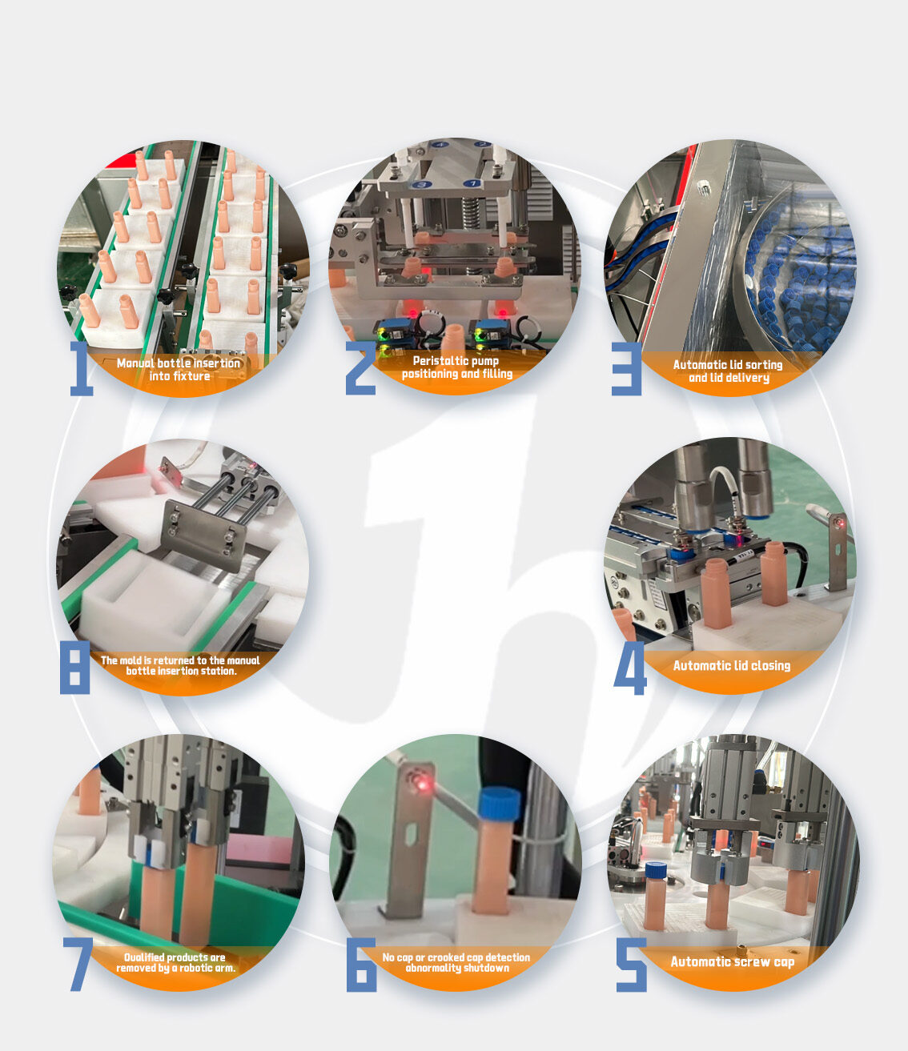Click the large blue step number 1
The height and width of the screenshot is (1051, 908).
click(82, 368)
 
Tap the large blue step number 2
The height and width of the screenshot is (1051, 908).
click(360, 368)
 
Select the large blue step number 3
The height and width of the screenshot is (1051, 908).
click(626, 369)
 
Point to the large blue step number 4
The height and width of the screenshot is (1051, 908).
click(629, 668)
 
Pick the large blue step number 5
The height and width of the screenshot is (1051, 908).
click(631, 965)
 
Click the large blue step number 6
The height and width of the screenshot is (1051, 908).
click(361, 965)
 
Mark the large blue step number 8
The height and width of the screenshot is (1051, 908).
click(74, 667)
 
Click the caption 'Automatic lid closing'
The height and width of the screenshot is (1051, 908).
click(732, 666)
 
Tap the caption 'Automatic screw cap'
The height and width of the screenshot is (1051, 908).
click(732, 961)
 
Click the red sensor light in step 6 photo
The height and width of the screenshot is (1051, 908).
click(422, 785)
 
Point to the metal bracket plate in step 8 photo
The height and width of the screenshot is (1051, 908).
click(203, 536)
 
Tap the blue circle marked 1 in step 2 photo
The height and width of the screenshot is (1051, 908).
click(473, 183)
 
